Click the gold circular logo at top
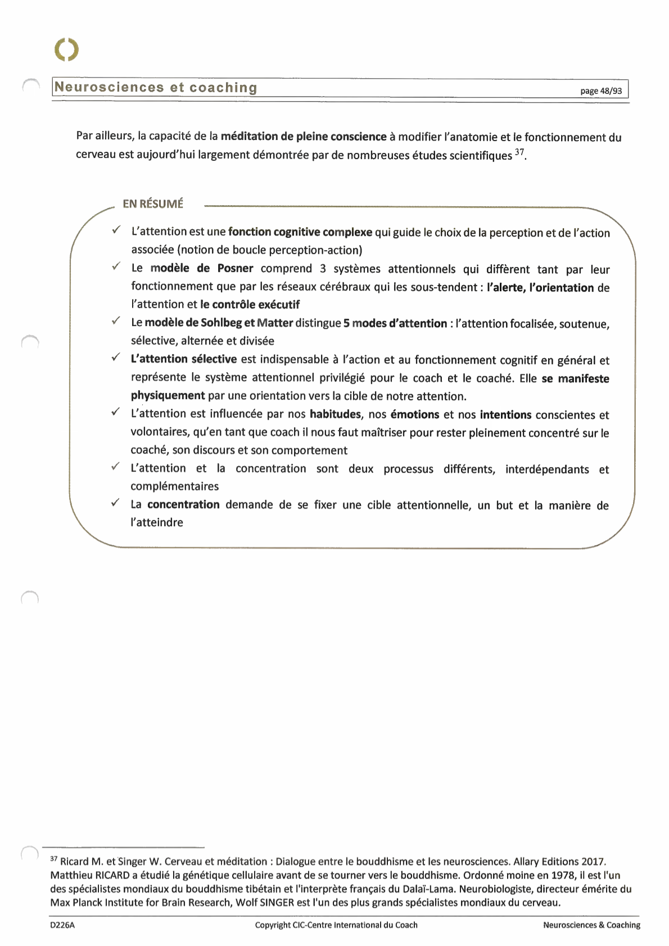(x=67, y=49)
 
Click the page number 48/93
(x=601, y=91)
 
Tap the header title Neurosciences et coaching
(x=156, y=88)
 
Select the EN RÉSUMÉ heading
(x=153, y=204)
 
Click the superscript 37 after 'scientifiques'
(x=519, y=152)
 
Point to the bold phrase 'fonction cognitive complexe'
(x=300, y=232)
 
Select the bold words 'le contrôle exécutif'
(x=250, y=305)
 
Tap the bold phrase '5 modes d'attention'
(x=395, y=323)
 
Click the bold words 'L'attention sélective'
(x=184, y=359)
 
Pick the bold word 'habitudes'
(x=335, y=415)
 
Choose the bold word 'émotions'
(x=414, y=415)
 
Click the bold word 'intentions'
(x=505, y=415)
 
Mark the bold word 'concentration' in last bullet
(x=183, y=505)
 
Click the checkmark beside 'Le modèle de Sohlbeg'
(x=115, y=321)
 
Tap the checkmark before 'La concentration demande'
(x=115, y=503)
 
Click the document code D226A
(x=62, y=925)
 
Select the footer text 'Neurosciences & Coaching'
(x=591, y=925)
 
